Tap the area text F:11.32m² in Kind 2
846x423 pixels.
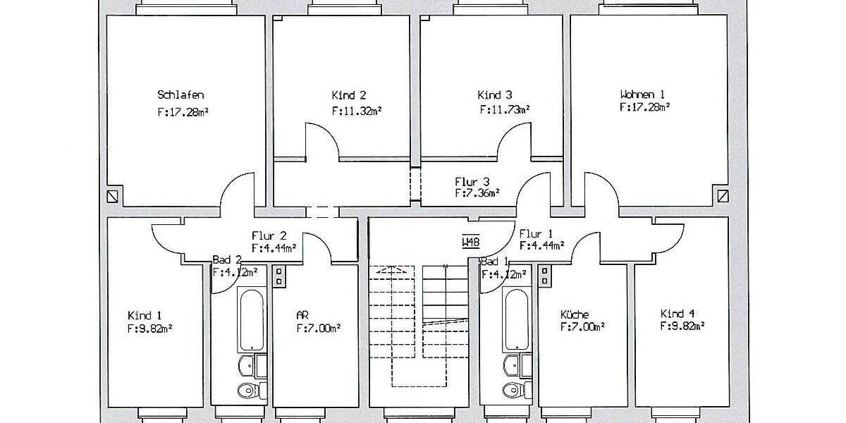(x=357, y=111)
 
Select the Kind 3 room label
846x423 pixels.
(x=494, y=94)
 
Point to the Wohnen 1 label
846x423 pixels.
(x=642, y=94)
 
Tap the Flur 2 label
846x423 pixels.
(x=268, y=235)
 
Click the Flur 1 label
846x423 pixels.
(x=536, y=234)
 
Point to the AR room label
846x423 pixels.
(x=302, y=315)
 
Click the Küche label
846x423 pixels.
(x=574, y=315)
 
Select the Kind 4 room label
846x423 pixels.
(x=677, y=314)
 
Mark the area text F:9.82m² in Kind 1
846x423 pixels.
(x=150, y=328)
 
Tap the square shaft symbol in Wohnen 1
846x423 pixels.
(x=722, y=195)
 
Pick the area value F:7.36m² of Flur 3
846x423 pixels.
(x=477, y=192)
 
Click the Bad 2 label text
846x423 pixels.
(x=227, y=260)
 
